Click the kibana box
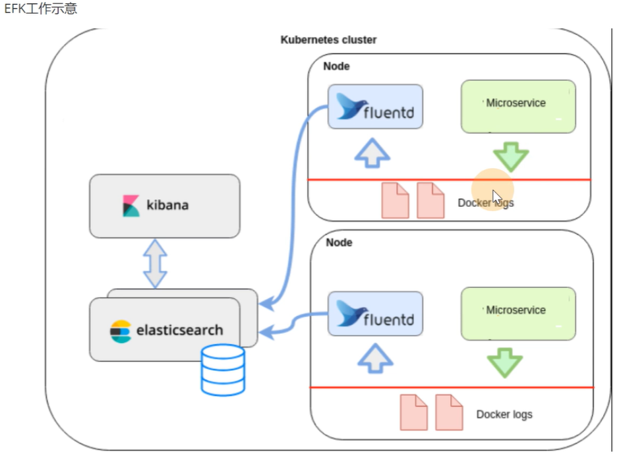164,206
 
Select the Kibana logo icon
131,206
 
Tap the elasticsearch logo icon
121,331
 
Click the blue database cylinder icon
223,370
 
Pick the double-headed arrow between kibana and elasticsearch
156,264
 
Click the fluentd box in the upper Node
375,107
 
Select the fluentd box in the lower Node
375,314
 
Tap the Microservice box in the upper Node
518,107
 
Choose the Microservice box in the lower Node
518,314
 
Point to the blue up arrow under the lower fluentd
375,359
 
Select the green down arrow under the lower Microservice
505,363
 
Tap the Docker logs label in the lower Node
504,414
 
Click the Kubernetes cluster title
328,40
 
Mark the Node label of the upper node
336,67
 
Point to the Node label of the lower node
339,242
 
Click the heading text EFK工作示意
40,10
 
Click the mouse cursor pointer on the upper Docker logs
496,197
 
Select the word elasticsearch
179,330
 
